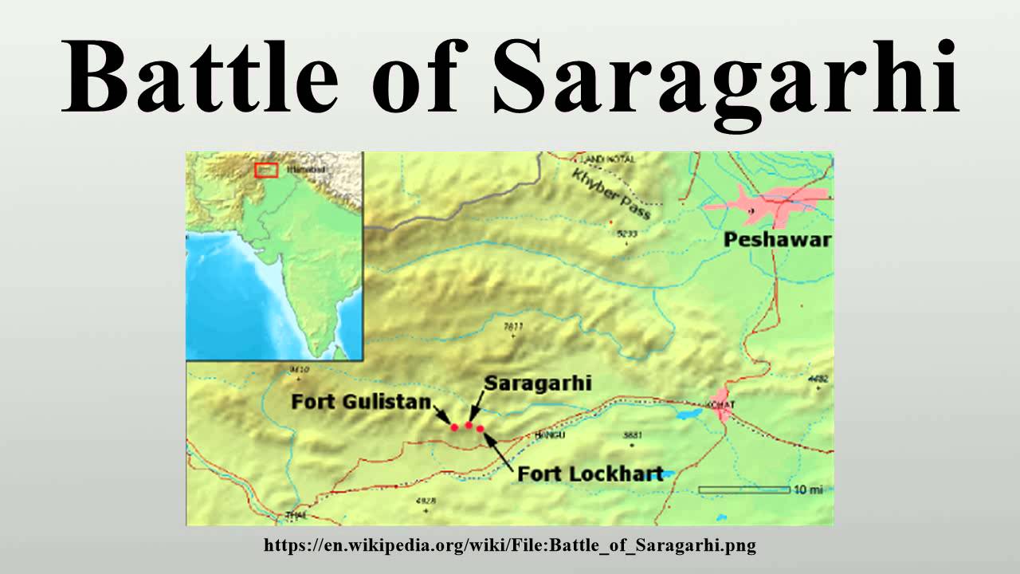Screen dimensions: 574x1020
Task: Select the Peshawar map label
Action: coord(777,239)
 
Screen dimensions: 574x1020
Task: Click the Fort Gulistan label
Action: coord(361,401)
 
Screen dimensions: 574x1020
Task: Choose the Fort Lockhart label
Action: coord(590,474)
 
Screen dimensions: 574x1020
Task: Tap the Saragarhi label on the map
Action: coord(538,383)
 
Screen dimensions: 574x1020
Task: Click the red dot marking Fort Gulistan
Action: coord(455,427)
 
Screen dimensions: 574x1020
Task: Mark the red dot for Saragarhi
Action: coord(469,426)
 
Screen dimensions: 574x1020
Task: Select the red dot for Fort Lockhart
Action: coord(481,429)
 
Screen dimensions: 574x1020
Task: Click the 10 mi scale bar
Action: coord(743,489)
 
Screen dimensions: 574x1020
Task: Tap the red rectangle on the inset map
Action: coord(266,170)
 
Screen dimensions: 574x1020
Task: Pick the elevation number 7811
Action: coord(513,326)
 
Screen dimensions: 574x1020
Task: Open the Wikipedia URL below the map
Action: coord(510,546)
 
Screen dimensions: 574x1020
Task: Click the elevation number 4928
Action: coord(426,501)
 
